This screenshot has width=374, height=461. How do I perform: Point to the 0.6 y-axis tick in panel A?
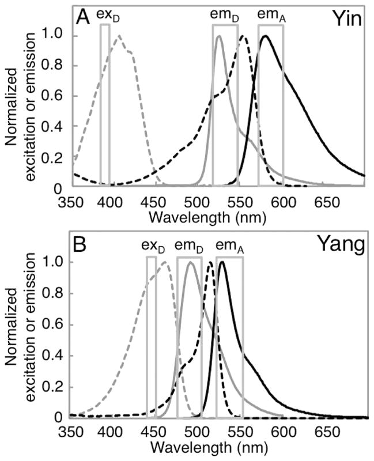tap(55, 96)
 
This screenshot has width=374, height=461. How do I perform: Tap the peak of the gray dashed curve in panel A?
tap(119, 36)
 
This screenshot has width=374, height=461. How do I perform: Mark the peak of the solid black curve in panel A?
tap(265, 36)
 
